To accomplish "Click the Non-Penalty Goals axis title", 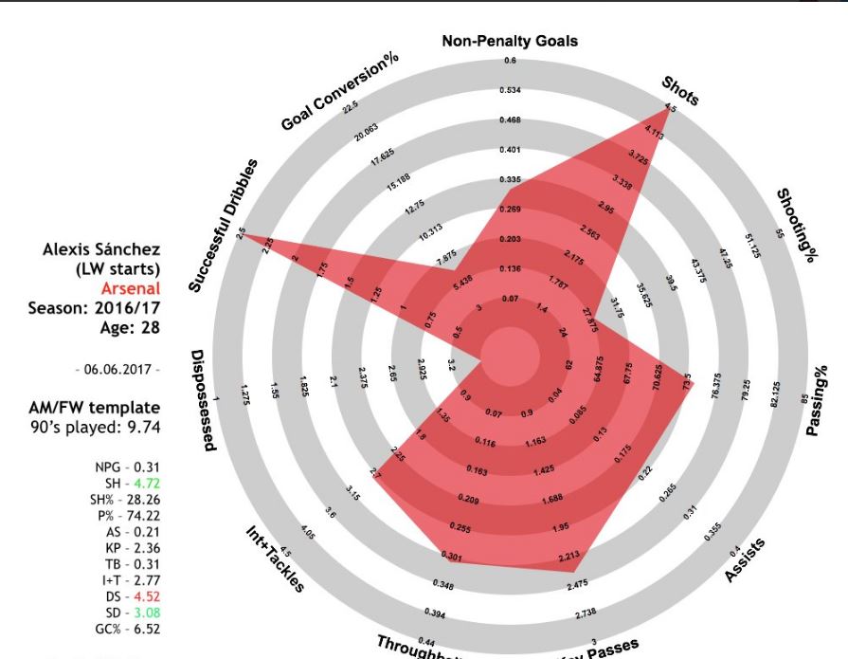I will [510, 41].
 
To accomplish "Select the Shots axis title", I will [681, 89].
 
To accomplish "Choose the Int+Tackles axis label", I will [274, 562].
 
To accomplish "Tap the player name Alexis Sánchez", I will [101, 249].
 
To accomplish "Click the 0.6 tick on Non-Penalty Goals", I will [511, 61].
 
